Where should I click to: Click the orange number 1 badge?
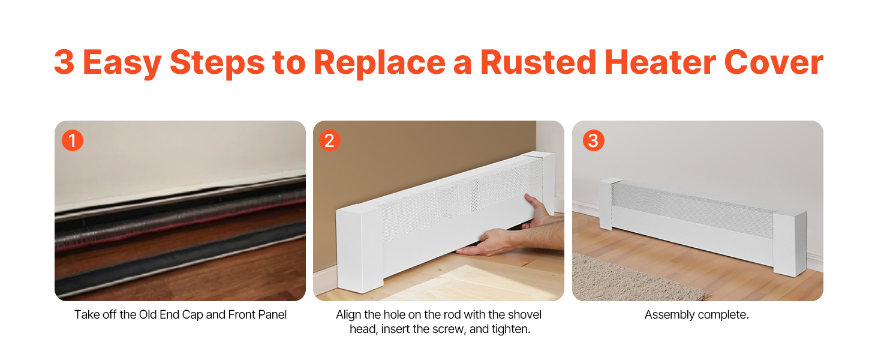point(73,140)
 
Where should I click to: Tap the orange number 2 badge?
point(329,140)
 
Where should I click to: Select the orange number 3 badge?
point(594,140)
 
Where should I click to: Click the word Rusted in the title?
point(538,62)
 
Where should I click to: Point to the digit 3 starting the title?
point(64,62)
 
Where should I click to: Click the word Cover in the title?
point(774,62)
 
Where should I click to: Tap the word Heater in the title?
point(660,62)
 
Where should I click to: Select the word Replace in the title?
point(380,64)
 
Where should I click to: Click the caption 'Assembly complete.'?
point(696,314)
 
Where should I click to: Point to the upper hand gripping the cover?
point(538,211)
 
